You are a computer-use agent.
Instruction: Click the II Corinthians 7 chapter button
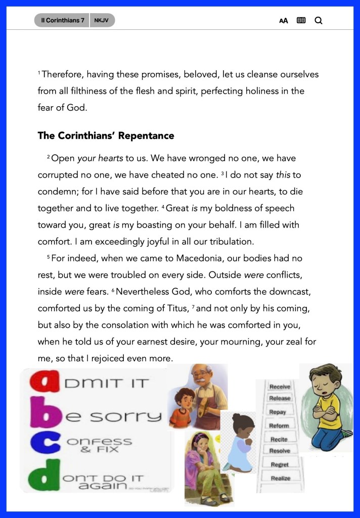tap(63, 20)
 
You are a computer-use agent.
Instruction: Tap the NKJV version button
tap(102, 20)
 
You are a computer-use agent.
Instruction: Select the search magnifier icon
tap(318, 21)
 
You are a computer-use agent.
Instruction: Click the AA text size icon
tap(284, 21)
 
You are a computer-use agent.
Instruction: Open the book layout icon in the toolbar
tap(301, 21)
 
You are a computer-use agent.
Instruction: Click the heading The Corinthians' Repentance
tap(106, 136)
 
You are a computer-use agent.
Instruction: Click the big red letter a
tap(43, 383)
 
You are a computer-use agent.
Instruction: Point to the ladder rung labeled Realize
tap(280, 478)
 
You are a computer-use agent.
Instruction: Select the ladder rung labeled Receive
tap(280, 387)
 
